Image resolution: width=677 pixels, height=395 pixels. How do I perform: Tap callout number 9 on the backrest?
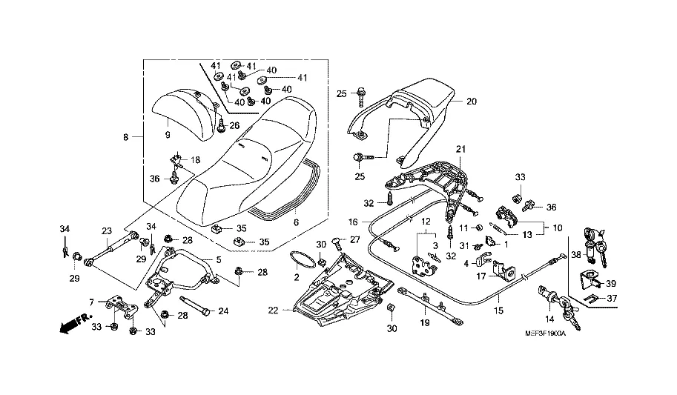168,134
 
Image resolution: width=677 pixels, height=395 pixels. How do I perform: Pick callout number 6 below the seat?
295,222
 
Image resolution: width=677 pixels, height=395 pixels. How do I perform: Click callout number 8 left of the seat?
125,137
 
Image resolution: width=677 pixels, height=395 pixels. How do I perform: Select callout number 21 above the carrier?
460,150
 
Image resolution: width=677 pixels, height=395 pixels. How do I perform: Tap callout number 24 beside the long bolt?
222,311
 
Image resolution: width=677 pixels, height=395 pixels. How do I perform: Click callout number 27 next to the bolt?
354,239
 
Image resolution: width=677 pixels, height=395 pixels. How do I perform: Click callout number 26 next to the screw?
234,125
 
